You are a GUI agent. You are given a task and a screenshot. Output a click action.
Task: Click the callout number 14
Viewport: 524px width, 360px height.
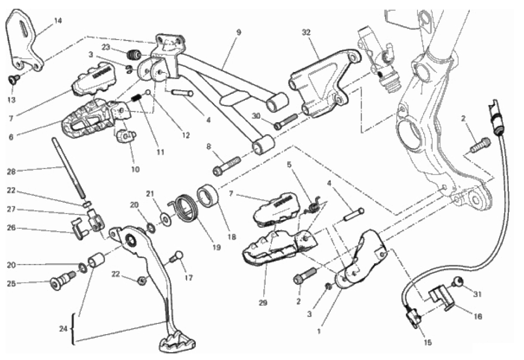pyautogui.click(x=58, y=21)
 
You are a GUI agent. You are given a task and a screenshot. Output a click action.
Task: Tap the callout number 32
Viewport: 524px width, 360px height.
pyautogui.click(x=306, y=32)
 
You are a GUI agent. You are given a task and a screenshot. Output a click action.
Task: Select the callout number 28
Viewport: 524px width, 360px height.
pyautogui.click(x=11, y=172)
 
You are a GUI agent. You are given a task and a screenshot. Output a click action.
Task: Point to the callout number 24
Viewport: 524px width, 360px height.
pyautogui.click(x=63, y=329)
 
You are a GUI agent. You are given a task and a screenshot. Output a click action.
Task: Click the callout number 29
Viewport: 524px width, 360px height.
pyautogui.click(x=263, y=303)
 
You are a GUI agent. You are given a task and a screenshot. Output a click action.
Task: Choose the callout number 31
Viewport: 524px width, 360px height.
pyautogui.click(x=477, y=294)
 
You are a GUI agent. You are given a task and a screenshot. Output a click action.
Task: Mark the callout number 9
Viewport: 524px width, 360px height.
pyautogui.click(x=238, y=32)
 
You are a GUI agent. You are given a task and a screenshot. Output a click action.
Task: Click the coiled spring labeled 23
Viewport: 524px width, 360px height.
pyautogui.click(x=134, y=53)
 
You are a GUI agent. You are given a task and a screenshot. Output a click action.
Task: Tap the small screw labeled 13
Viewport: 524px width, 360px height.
pyautogui.click(x=14, y=79)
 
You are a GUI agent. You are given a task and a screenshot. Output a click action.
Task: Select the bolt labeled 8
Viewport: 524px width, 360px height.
pyautogui.click(x=227, y=166)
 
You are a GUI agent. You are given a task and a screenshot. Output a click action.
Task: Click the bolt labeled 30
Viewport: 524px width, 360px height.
pyautogui.click(x=286, y=121)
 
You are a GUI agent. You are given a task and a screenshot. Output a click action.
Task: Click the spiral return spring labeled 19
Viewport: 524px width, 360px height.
pyautogui.click(x=186, y=209)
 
